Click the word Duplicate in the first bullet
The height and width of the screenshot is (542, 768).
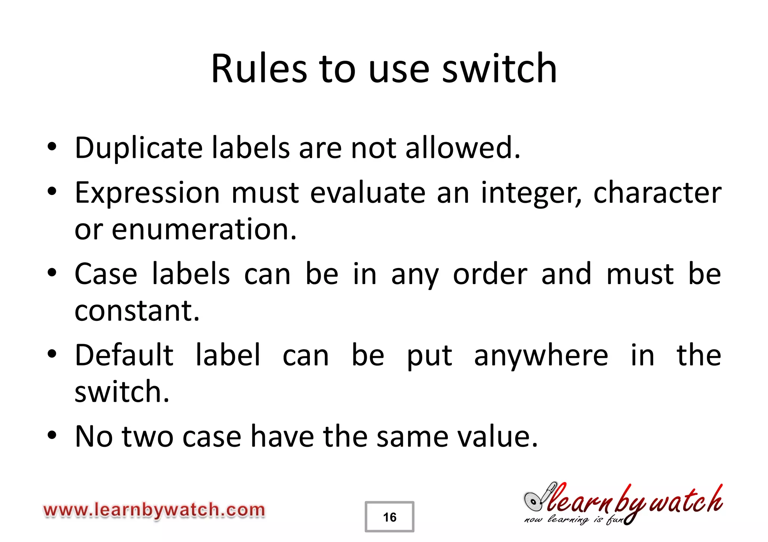pos(138,148)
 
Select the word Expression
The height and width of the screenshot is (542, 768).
pos(147,193)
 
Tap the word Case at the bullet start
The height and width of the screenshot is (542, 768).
pos(106,274)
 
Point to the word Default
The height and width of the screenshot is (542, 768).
pos(124,355)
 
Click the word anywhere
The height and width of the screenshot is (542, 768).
pos(541,356)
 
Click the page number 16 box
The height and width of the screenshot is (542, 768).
pos(389,517)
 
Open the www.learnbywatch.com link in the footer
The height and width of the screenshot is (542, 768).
pos(154,511)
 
